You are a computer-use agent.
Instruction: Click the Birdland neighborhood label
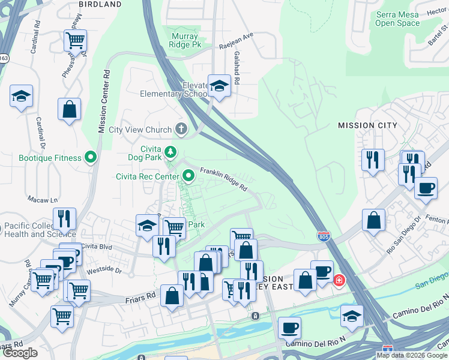pyautogui.click(x=100, y=4)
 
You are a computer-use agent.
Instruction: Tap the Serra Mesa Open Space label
pyautogui.click(x=397, y=19)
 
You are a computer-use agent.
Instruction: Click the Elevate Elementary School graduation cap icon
pyautogui.click(x=219, y=86)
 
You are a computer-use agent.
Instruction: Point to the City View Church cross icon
pyautogui.click(x=181, y=130)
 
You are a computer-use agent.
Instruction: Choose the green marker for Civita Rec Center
pyautogui.click(x=188, y=176)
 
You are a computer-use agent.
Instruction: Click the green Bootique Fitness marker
pyautogui.click(x=91, y=158)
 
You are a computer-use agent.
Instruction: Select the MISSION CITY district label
pyautogui.click(x=367, y=125)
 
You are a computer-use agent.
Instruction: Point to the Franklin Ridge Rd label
pyautogui.click(x=224, y=179)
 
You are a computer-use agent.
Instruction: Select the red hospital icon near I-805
pyautogui.click(x=339, y=280)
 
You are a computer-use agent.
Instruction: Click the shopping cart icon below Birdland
pyautogui.click(x=76, y=41)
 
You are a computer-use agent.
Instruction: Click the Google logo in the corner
pyautogui.click(x=20, y=353)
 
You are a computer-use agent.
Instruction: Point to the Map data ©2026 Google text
pyautogui.click(x=412, y=355)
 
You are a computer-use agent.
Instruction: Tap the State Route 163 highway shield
pyautogui.click(x=4, y=58)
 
